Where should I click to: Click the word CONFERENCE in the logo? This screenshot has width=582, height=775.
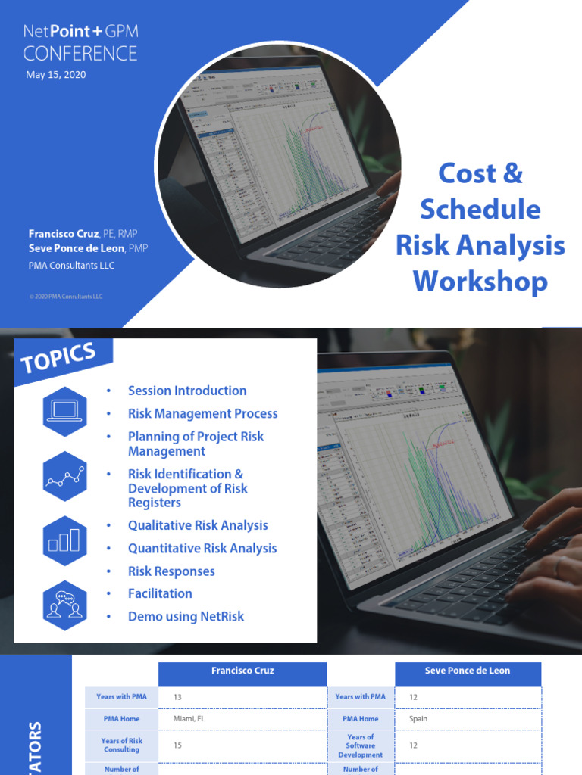[x=80, y=54]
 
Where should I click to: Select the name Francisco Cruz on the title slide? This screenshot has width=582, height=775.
[x=64, y=235]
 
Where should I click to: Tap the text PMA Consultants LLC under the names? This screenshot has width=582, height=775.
[x=72, y=265]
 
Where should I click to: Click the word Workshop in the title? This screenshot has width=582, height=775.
[x=480, y=281]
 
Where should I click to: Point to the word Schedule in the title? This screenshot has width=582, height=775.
[x=480, y=209]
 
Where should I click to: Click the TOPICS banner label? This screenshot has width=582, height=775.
[x=59, y=358]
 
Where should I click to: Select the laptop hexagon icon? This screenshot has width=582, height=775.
[x=64, y=411]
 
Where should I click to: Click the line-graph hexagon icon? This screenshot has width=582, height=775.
[x=64, y=476]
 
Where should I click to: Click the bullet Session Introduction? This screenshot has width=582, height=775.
[x=187, y=391]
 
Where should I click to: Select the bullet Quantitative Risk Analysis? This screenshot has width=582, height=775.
[x=202, y=548]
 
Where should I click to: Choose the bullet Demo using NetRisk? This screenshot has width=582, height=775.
[x=186, y=616]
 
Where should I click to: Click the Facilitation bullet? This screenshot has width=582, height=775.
[x=160, y=593]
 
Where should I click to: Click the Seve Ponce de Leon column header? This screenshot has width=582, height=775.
[x=468, y=671]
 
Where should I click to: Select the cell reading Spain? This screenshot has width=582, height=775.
[x=418, y=719]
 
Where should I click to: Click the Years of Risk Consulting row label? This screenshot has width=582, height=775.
[x=122, y=745]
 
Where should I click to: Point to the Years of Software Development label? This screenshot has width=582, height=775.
[x=361, y=745]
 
